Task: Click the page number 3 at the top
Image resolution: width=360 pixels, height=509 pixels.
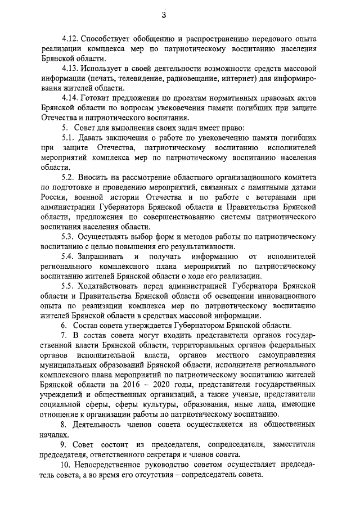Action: tap(179, 15)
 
